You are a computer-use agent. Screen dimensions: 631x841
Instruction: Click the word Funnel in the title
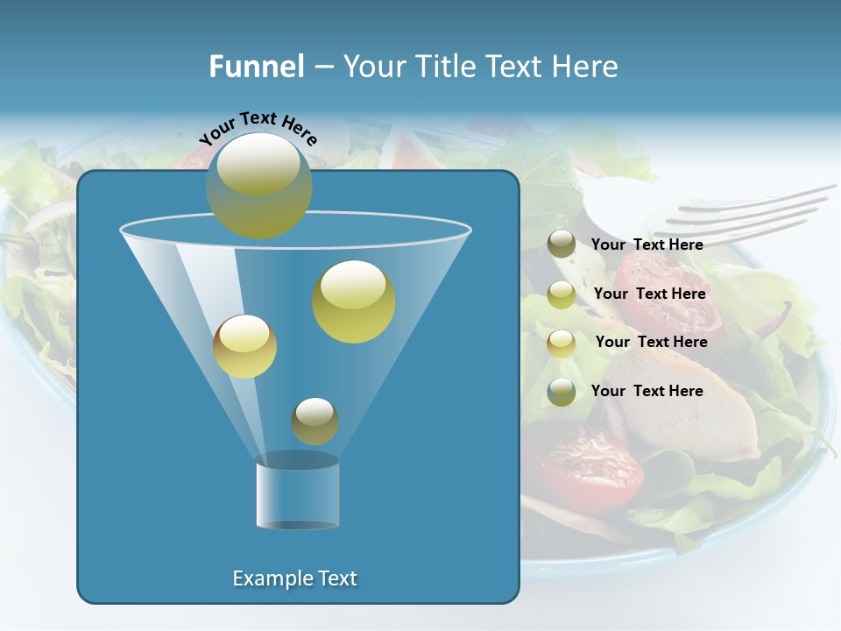click(x=257, y=67)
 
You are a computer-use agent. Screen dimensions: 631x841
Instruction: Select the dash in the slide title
click(x=322, y=67)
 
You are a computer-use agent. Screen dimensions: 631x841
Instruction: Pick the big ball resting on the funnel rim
click(x=259, y=185)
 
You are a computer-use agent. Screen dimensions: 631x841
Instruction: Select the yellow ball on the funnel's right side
click(x=354, y=301)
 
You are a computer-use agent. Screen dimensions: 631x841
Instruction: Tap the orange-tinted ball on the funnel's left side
click(x=244, y=346)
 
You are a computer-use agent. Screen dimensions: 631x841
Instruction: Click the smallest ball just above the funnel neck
click(x=314, y=421)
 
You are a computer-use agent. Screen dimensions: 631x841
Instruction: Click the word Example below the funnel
click(x=272, y=578)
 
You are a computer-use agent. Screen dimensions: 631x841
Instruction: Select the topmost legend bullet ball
click(x=562, y=245)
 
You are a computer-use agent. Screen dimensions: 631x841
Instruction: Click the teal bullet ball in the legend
click(x=562, y=392)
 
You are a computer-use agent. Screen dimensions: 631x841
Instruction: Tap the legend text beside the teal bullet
click(x=647, y=391)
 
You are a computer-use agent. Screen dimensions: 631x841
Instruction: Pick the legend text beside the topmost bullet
click(x=647, y=245)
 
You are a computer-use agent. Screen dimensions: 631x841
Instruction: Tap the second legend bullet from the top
click(x=562, y=294)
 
